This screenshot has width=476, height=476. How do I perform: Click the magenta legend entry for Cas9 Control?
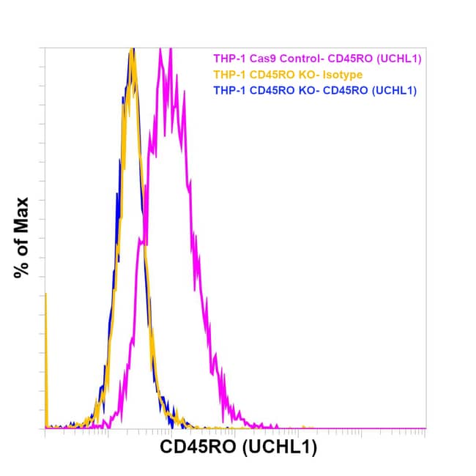pyautogui.click(x=318, y=58)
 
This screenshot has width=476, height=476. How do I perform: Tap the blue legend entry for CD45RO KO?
pyautogui.click(x=314, y=91)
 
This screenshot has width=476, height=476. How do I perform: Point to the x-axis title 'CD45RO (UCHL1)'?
pyautogui.click(x=239, y=448)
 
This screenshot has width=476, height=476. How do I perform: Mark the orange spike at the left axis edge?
pyautogui.click(x=46, y=294)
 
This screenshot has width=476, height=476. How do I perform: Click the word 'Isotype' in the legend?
pyautogui.click(x=343, y=74)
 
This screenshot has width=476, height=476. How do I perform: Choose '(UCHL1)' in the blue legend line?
pyautogui.click(x=391, y=91)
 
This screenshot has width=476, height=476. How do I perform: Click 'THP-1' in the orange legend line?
pyautogui.click(x=226, y=74)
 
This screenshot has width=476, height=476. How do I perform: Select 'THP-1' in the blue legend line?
pyautogui.click(x=226, y=91)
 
